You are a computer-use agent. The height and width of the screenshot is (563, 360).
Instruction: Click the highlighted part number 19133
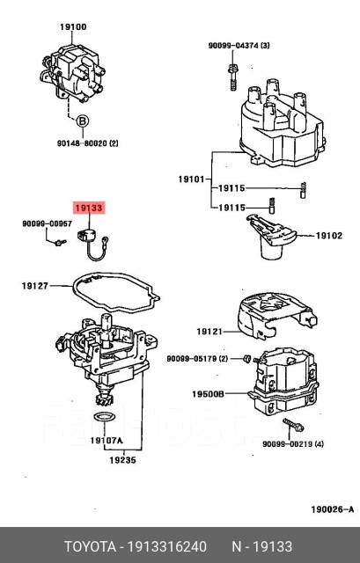(89, 208)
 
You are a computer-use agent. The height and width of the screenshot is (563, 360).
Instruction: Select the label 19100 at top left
(72, 27)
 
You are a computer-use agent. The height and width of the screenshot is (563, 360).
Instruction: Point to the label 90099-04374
(239, 45)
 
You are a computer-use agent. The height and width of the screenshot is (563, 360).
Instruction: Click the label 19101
(192, 179)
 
